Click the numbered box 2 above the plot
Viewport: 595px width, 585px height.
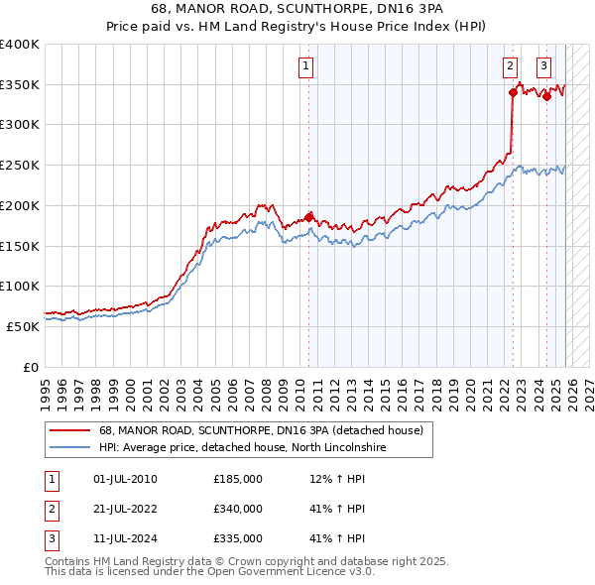click(x=510, y=66)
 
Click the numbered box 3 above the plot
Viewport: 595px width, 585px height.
click(x=544, y=66)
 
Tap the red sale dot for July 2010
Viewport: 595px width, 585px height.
click(x=308, y=216)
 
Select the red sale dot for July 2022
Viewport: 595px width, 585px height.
click(x=513, y=92)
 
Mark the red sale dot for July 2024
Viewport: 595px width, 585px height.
click(x=546, y=96)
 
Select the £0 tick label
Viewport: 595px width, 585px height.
click(x=31, y=367)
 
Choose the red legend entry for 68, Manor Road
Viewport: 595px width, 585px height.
click(x=261, y=430)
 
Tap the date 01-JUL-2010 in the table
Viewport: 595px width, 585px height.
click(x=124, y=480)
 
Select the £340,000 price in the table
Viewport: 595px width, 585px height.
click(x=238, y=509)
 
